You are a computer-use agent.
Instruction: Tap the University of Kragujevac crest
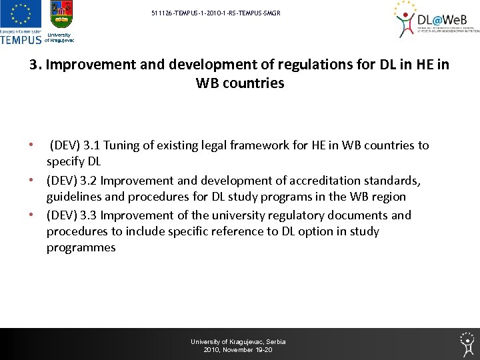coord(61,15)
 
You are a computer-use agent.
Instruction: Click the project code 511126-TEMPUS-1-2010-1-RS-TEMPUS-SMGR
coord(211,13)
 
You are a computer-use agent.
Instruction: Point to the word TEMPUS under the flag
coord(21,39)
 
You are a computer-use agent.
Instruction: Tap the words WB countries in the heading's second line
coord(240,83)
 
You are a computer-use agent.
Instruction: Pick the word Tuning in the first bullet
coord(122,145)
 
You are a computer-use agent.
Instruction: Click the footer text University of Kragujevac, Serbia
coord(238,341)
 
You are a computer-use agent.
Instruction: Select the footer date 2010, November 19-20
coord(238,350)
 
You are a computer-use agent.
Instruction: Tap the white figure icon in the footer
coord(467,344)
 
